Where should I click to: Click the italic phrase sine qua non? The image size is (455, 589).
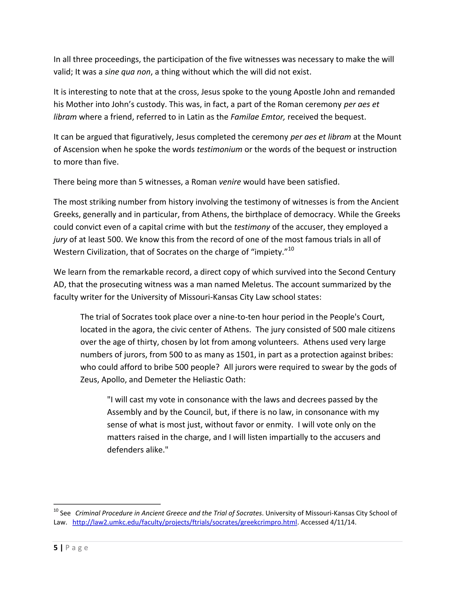click(x=127, y=72)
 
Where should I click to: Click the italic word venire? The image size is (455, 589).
click(x=230, y=182)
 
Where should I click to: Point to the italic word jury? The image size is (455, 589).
click(x=60, y=239)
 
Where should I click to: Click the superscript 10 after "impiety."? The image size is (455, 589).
click(x=291, y=249)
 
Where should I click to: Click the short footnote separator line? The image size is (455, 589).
click(x=107, y=504)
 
